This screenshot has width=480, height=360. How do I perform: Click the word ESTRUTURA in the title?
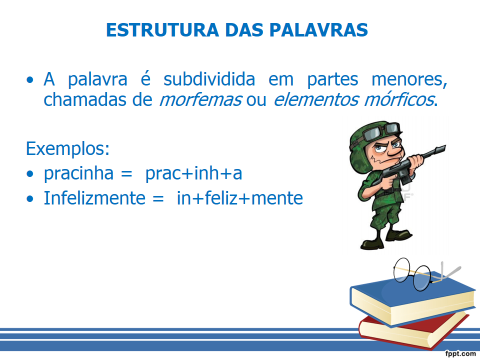(x=162, y=30)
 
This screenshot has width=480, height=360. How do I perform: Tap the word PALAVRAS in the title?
(x=318, y=30)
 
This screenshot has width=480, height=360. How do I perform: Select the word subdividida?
(x=209, y=79)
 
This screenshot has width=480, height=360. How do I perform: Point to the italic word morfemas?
(x=201, y=99)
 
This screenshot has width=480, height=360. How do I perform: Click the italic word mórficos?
(x=399, y=99)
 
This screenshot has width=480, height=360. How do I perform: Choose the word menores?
(x=409, y=79)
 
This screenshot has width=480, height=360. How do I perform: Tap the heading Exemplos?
(x=67, y=149)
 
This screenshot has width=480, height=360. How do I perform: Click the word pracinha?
(x=78, y=173)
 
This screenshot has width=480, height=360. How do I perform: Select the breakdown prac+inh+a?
(x=193, y=173)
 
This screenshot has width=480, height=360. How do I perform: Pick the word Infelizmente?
(x=94, y=198)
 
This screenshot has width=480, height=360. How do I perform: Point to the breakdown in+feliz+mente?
(x=239, y=198)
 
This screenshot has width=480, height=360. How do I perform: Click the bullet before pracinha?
(x=30, y=174)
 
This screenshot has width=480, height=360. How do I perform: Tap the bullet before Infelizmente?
(x=30, y=199)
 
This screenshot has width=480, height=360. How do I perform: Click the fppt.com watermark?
(x=460, y=353)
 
